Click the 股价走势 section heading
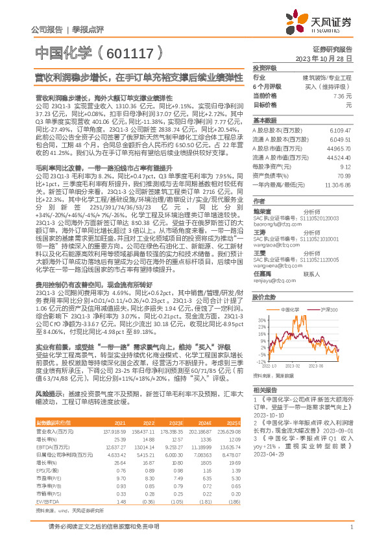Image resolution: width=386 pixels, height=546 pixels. click(263, 296)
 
